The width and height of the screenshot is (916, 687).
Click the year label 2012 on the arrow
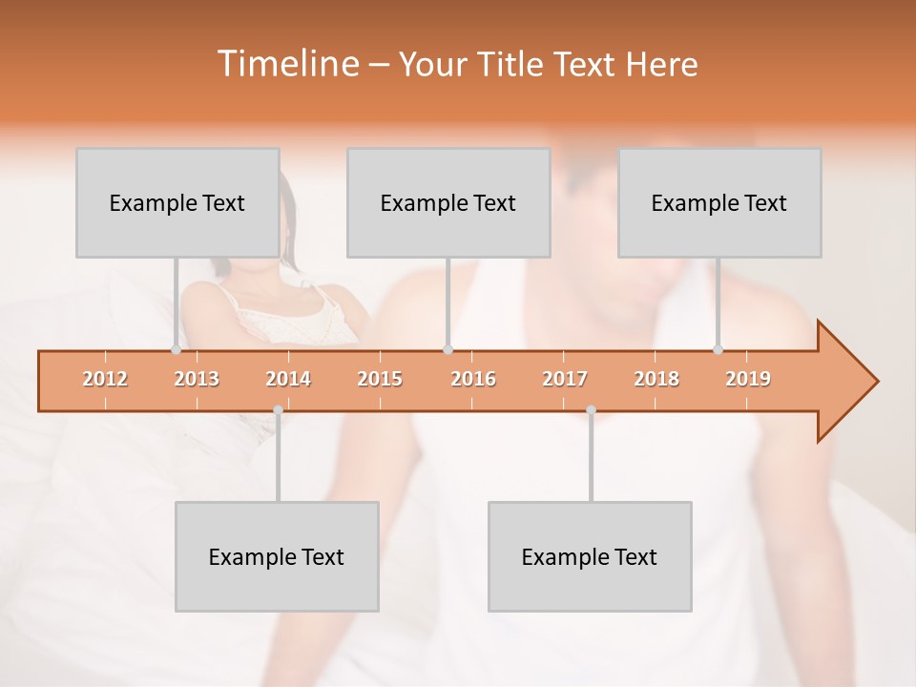coord(105,379)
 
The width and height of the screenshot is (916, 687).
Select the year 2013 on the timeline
coord(197,379)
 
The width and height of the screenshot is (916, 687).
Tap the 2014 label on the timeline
coord(288,379)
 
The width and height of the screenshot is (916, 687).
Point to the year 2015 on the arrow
coord(380,379)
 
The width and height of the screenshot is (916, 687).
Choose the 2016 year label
coord(473,379)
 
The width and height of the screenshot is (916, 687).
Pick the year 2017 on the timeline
coord(565,379)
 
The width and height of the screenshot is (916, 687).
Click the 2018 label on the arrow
coord(656,379)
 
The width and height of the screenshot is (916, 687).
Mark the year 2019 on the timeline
coord(748,379)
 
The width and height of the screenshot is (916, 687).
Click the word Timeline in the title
coord(286,64)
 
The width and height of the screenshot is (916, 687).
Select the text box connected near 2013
coord(177,202)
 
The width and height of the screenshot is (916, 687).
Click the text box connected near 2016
coord(448,202)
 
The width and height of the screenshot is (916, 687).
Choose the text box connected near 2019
coord(719,202)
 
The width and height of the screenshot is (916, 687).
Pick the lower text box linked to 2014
coord(277,556)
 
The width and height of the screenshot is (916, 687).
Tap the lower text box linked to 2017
coord(590,556)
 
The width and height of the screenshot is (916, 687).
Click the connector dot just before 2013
coord(176,349)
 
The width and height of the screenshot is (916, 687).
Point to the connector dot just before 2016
coord(448,349)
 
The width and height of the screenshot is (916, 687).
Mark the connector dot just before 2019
coord(718,349)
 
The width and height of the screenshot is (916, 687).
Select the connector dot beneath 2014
coord(278,410)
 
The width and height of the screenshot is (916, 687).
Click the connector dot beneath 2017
coord(591,410)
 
